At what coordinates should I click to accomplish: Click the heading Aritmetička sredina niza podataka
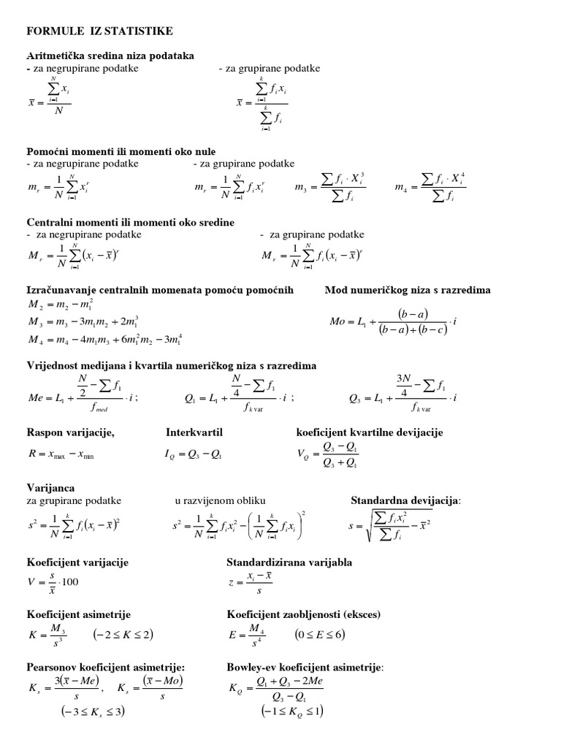tap(110, 56)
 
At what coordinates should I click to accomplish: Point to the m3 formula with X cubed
tap(330, 188)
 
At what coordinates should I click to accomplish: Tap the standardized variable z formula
tap(253, 582)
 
